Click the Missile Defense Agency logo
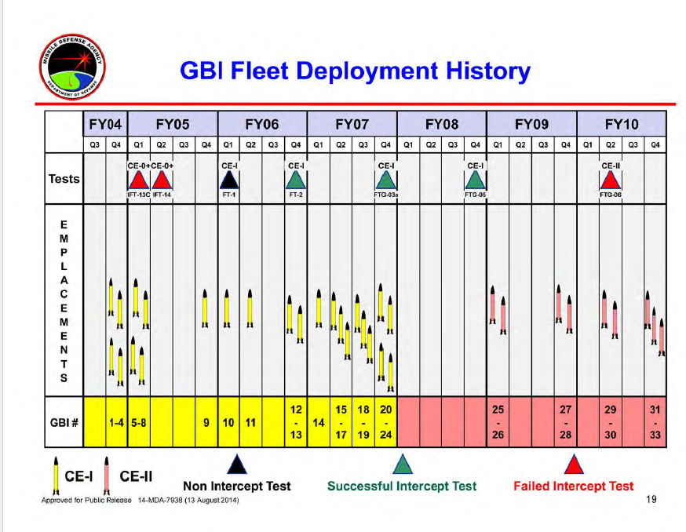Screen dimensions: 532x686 [72, 64]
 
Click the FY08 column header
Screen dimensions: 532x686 [442, 124]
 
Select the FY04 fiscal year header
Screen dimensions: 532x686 [105, 124]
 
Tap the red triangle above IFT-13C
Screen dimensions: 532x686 [139, 180]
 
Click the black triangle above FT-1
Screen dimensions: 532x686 [229, 180]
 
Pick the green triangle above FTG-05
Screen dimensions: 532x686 [476, 180]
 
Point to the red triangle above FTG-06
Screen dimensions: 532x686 [611, 180]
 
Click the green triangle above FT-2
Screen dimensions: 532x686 [297, 180]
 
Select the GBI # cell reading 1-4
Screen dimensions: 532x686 [116, 422]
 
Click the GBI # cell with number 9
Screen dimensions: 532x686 [206, 422]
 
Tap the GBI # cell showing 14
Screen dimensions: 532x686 [319, 422]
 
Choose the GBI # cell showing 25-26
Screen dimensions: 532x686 [498, 422]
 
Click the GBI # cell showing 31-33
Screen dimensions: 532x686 [655, 422]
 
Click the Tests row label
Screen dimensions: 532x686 [64, 179]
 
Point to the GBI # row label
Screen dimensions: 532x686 [64, 422]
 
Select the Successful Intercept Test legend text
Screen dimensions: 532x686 [401, 486]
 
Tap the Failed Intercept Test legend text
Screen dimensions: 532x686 [573, 486]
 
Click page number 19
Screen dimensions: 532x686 [651, 500]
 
